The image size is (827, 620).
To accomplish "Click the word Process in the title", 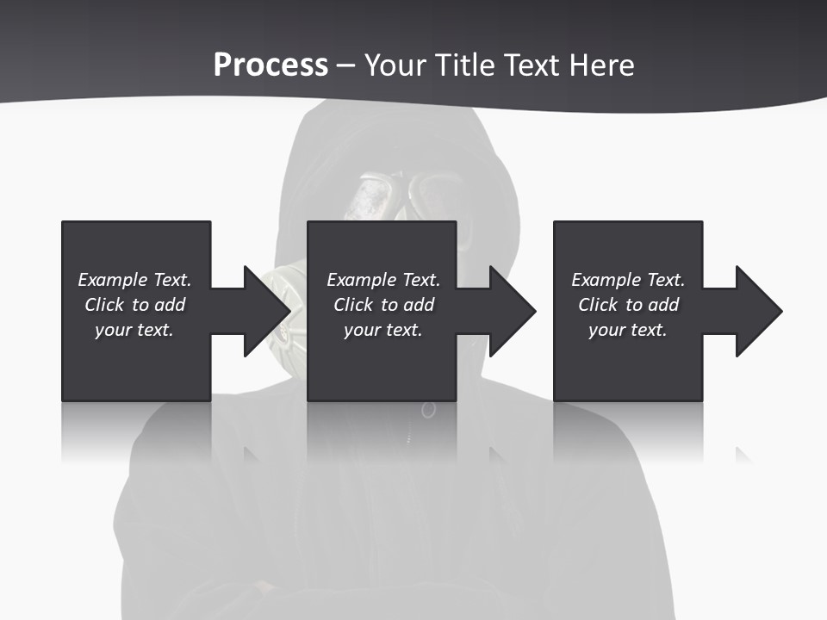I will (x=270, y=65).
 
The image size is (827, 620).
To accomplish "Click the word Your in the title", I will (x=393, y=65).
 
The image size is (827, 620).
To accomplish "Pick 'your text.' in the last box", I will (x=627, y=330).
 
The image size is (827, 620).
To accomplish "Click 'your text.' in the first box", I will (x=134, y=330).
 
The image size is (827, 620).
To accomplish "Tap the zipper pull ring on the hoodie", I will (x=428, y=410).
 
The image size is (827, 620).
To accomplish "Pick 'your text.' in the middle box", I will (x=382, y=330).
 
